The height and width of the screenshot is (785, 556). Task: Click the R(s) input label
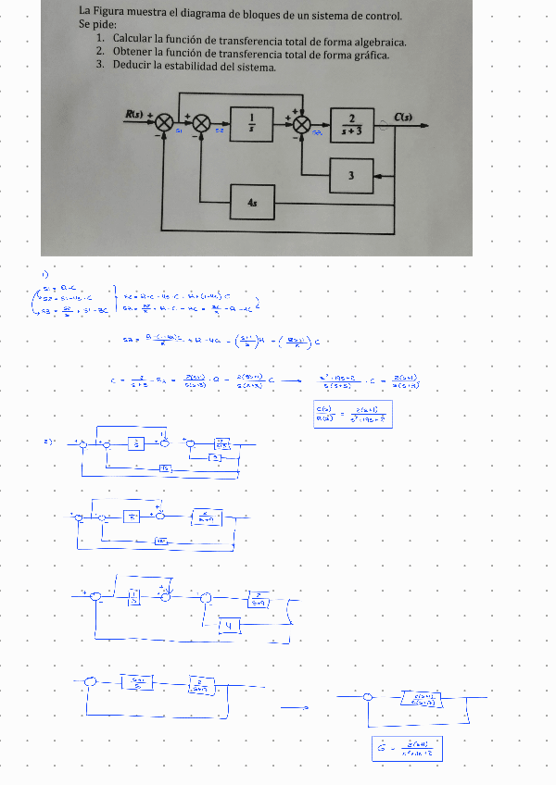pyautogui.click(x=135, y=115)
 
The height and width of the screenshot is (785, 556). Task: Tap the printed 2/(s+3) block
pyautogui.click(x=352, y=124)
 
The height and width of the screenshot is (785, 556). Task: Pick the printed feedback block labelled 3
pyautogui.click(x=351, y=175)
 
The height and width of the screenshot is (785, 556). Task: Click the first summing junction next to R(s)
pyautogui.click(x=165, y=122)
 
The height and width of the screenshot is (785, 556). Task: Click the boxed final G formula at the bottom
pyautogui.click(x=405, y=748)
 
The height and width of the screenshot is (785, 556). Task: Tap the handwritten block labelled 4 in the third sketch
pyautogui.click(x=230, y=626)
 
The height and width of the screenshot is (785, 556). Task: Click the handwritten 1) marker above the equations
pyautogui.click(x=44, y=273)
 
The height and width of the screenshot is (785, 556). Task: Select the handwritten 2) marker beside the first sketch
pyautogui.click(x=47, y=442)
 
